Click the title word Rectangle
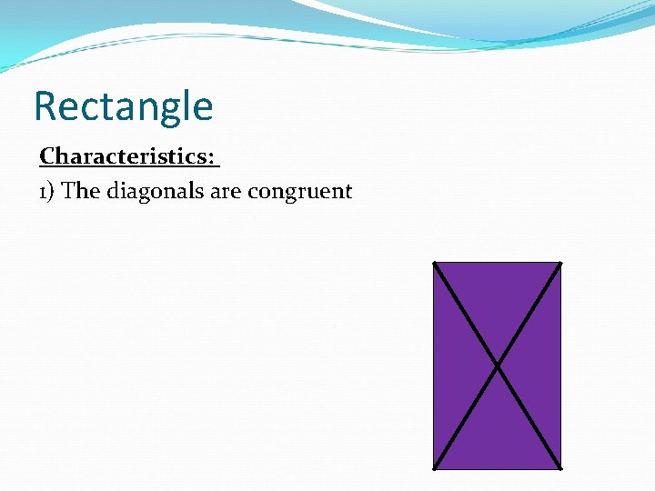[x=123, y=106]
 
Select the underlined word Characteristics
[x=126, y=156]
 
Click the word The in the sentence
[x=81, y=191]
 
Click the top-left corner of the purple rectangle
[x=434, y=263]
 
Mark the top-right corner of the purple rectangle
[x=560, y=263]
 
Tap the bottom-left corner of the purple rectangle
[x=434, y=469]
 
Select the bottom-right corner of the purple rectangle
[x=560, y=469]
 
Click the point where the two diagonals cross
[x=497, y=366]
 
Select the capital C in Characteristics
[x=47, y=156]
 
